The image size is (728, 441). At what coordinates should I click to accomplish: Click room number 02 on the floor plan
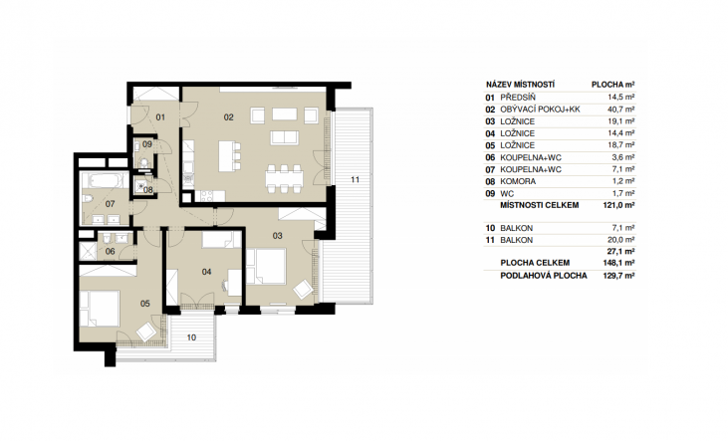[228, 117]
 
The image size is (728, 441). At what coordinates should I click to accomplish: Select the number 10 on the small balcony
[191, 337]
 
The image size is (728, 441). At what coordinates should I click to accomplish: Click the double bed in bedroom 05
[100, 309]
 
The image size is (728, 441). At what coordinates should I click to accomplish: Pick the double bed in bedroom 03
[266, 266]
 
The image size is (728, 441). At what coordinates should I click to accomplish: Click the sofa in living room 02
[285, 137]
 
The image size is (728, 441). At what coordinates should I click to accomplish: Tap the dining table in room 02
[284, 178]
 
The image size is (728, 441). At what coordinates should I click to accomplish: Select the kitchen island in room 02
[227, 156]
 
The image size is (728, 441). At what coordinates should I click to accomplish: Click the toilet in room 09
[144, 162]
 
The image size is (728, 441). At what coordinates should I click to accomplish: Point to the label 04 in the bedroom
[206, 272]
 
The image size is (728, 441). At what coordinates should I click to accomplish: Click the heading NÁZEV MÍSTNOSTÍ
[521, 85]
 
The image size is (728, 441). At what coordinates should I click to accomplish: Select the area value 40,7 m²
[621, 110]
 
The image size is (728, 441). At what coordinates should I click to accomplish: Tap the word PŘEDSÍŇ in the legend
[518, 98]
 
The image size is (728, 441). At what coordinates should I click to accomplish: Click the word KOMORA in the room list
[518, 181]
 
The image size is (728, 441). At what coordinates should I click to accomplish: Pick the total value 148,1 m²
[619, 263]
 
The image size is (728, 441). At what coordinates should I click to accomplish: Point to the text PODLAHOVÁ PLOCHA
[544, 276]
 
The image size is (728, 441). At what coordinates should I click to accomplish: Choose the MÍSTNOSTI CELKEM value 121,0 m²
[619, 205]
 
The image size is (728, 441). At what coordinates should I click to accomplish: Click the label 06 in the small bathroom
[110, 252]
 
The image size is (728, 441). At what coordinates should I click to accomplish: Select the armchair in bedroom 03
[303, 289]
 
